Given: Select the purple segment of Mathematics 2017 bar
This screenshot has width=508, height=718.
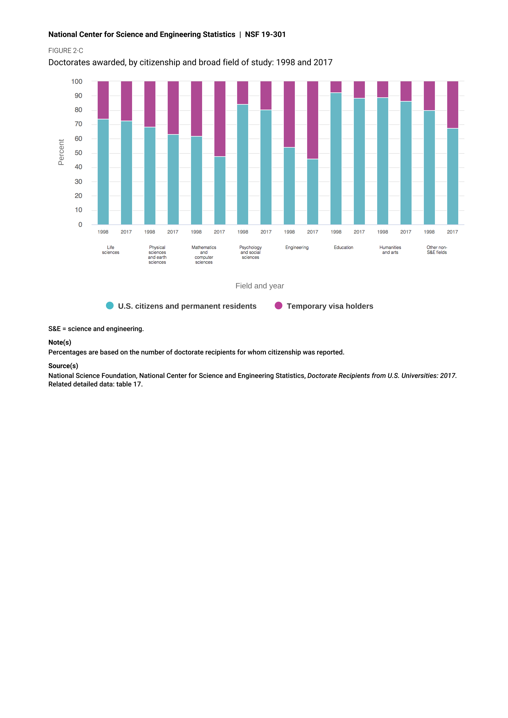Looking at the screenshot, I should [220, 119].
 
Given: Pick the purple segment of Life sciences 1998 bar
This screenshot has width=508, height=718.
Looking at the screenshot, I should [103, 100].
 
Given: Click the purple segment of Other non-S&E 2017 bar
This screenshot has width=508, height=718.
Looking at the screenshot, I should [452, 104].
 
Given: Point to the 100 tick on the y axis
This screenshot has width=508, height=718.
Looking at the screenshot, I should [77, 82].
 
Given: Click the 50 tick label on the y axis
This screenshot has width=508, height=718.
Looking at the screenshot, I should [78, 153].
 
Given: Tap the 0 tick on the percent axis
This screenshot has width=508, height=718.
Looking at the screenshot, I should [80, 224].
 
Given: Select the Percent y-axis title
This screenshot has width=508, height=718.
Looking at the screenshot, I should [61, 152].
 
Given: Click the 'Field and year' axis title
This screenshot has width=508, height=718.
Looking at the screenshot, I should [260, 286].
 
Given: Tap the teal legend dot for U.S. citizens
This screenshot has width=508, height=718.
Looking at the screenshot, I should [110, 305].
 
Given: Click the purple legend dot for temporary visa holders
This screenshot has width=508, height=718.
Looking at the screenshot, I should [278, 305].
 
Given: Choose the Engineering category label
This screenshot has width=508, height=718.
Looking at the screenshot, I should [297, 247].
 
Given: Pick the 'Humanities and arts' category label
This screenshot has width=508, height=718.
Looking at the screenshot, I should [390, 250].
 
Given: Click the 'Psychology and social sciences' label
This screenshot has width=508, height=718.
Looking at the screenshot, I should [250, 252].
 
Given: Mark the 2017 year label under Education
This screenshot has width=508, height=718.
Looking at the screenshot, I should [359, 232].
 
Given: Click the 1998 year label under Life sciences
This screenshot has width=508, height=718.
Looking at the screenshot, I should [103, 232].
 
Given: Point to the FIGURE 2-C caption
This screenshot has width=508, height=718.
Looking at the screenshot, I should [66, 51].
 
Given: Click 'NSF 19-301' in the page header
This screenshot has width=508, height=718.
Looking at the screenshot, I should [265, 34].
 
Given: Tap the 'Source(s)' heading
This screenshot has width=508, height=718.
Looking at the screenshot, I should [63, 366].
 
